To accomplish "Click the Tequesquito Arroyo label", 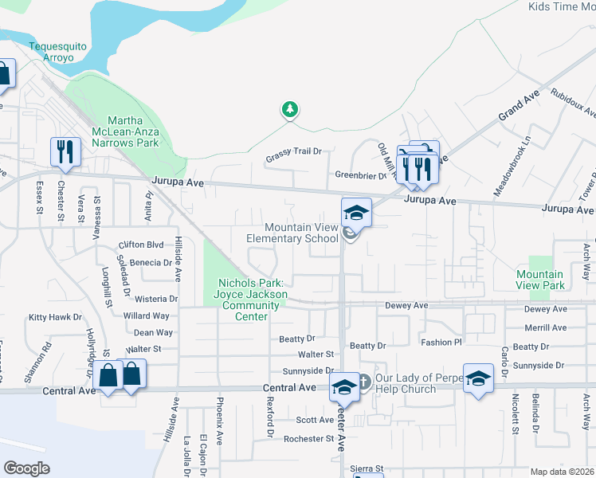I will [57, 51].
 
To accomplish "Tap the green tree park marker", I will [290, 109].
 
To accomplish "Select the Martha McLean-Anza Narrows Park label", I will [123, 131].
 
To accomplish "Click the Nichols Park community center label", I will [251, 300].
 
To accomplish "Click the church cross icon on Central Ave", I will [363, 382].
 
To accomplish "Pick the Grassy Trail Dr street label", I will [293, 151].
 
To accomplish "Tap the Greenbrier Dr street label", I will [359, 175].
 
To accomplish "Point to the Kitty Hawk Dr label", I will [55, 317].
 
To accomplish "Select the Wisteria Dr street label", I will [156, 299].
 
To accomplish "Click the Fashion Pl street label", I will [441, 342].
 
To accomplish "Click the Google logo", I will [26, 468].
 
